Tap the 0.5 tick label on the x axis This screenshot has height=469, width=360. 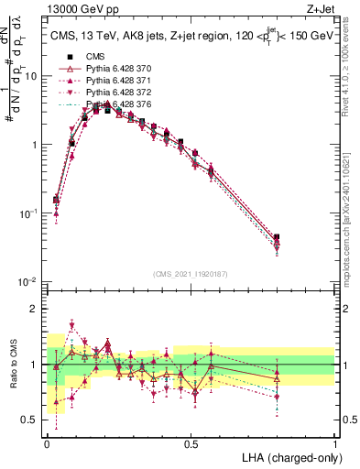191,443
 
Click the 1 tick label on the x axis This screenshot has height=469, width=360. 335,443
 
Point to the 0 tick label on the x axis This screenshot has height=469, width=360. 47,443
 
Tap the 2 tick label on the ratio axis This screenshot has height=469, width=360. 35,309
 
